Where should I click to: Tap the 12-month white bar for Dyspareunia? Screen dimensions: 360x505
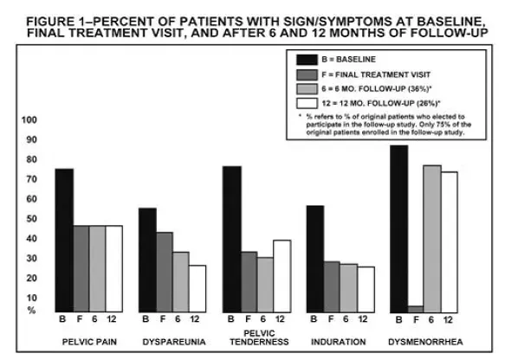pyautogui.click(x=197, y=288)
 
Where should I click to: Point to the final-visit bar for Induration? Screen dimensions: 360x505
pyautogui.click(x=330, y=286)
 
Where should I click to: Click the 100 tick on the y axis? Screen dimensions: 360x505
pyautogui.click(x=29, y=119)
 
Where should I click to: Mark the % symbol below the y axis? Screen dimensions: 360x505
pyautogui.click(x=29, y=309)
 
